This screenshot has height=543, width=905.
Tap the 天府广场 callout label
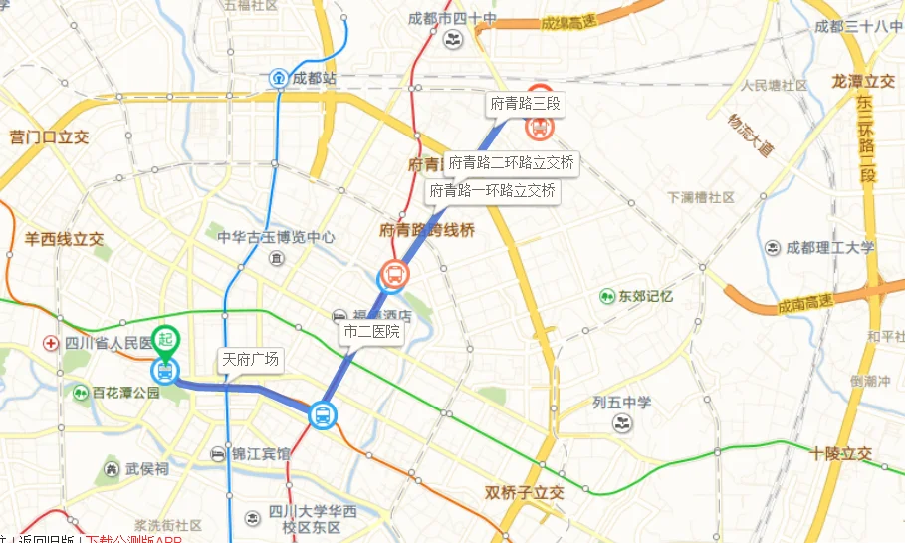coord(250,360)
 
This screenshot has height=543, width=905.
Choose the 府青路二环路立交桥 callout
coord(511,162)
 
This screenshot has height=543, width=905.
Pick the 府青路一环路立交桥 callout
coord(492,190)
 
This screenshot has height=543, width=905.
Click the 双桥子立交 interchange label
coord(525,493)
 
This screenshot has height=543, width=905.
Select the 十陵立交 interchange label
coord(840,453)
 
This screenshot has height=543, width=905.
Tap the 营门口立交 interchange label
coord(48,136)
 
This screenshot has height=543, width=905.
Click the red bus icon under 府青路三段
coord(539,127)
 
